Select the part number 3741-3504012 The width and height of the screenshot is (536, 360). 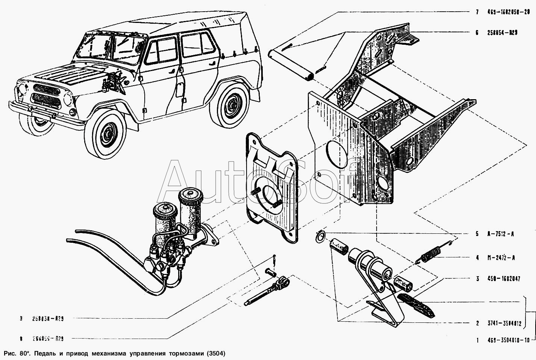504,323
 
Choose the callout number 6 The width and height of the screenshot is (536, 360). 477,33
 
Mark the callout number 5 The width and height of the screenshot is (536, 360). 477,234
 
